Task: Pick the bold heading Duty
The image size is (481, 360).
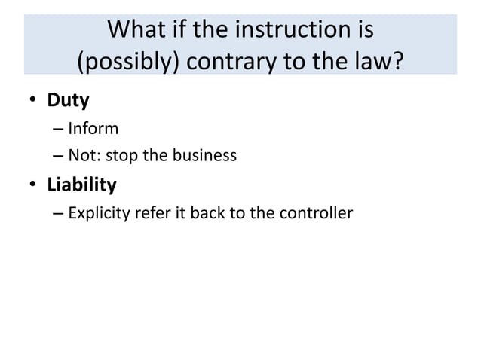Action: [x=68, y=99]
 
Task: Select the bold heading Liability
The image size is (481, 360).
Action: [x=81, y=185]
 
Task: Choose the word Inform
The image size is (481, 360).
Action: [x=93, y=128]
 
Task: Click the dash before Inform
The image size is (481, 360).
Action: [x=59, y=129]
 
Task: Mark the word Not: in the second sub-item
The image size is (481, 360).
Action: [x=84, y=156]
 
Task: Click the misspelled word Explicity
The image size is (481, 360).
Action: [x=99, y=213]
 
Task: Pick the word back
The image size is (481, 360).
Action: [x=208, y=213]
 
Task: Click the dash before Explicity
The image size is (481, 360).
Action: [x=59, y=214]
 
